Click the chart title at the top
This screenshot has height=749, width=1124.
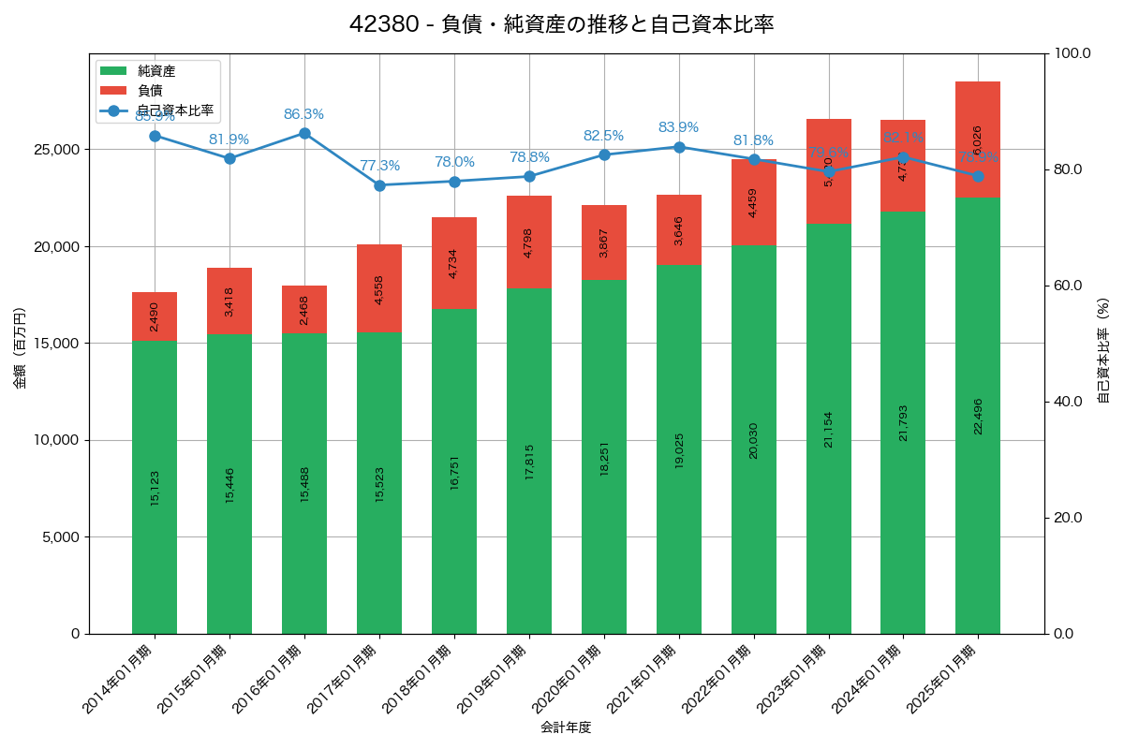tap(561, 24)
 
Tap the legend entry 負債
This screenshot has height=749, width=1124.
tap(150, 91)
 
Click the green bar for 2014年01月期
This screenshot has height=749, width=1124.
tap(155, 487)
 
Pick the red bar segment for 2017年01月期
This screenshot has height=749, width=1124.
tap(379, 288)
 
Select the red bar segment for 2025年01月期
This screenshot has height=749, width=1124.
tap(978, 140)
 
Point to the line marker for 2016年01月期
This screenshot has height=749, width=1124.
tap(304, 133)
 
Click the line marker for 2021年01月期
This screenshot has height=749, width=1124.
tap(679, 147)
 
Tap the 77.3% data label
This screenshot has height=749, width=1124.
tap(379, 166)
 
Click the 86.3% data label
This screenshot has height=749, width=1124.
tap(304, 114)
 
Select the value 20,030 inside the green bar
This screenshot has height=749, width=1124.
tap(754, 439)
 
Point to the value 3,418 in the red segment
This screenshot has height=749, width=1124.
tap(229, 301)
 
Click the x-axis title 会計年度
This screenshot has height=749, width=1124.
tap(566, 727)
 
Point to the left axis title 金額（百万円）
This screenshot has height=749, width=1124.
tap(20, 348)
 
